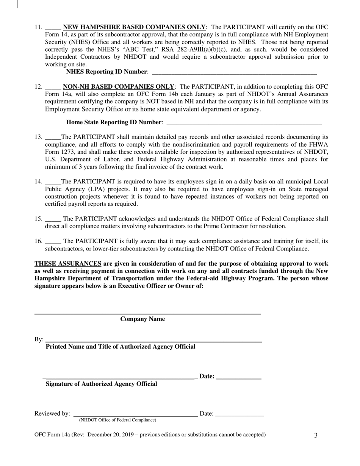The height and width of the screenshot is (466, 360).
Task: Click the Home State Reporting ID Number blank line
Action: pos(244,123)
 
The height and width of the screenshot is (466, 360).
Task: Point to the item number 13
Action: pos(38,137)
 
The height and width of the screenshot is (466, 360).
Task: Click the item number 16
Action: pos(38,241)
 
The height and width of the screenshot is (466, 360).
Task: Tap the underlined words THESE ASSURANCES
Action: pos(68,264)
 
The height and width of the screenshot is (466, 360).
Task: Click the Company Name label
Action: pos(142,319)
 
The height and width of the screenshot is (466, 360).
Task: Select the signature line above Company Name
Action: pos(147,314)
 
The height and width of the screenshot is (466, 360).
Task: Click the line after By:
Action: pos(153,341)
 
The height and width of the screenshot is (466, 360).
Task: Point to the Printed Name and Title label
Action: pos(121,347)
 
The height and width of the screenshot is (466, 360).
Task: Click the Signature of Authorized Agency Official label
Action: pos(101,384)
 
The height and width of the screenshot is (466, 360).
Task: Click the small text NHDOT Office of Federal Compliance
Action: pos(117,420)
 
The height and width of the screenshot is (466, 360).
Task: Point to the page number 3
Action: pos(316,435)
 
